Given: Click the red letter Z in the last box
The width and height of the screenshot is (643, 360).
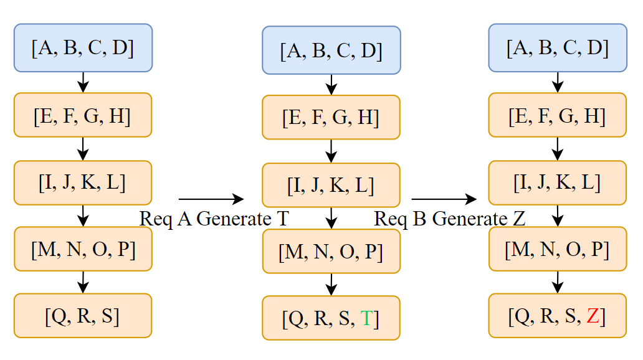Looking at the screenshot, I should pos(593,316).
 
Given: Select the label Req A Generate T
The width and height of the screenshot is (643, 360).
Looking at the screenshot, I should pos(214,219).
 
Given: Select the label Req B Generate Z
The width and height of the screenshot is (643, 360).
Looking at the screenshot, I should pos(449,219).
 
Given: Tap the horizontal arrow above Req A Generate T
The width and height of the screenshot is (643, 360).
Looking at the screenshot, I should pos(211,199).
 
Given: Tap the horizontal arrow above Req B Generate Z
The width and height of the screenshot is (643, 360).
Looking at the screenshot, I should pos(444,199).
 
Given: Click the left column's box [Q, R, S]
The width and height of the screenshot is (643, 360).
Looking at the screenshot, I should pos(83,316).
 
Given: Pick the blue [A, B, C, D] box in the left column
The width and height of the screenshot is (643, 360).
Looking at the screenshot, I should pos(83,47).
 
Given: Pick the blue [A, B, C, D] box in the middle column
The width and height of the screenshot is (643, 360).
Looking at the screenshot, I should pos(331,50).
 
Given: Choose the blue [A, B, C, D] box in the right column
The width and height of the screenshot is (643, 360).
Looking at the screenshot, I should pos(558,47).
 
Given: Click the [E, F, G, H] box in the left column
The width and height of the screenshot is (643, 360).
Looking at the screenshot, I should pos(83,115).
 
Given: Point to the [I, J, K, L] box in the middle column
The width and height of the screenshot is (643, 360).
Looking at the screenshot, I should pos(331,185).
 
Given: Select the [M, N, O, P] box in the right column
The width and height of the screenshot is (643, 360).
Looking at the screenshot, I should pos(558,249).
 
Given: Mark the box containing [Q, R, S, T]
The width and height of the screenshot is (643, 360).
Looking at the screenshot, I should pos(331,318).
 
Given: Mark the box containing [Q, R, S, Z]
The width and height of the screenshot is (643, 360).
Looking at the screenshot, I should pos(558,316).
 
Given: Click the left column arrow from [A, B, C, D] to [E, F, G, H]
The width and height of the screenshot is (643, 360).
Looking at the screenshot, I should pos(83,82).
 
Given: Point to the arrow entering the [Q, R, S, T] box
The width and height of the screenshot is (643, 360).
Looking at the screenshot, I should pos(331,284).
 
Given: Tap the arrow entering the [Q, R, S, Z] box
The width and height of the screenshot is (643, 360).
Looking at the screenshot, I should pos(558,282).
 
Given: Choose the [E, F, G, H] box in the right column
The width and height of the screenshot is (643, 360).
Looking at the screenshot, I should pos(558,115).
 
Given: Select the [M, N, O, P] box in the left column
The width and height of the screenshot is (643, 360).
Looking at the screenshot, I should pos(83,249).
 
